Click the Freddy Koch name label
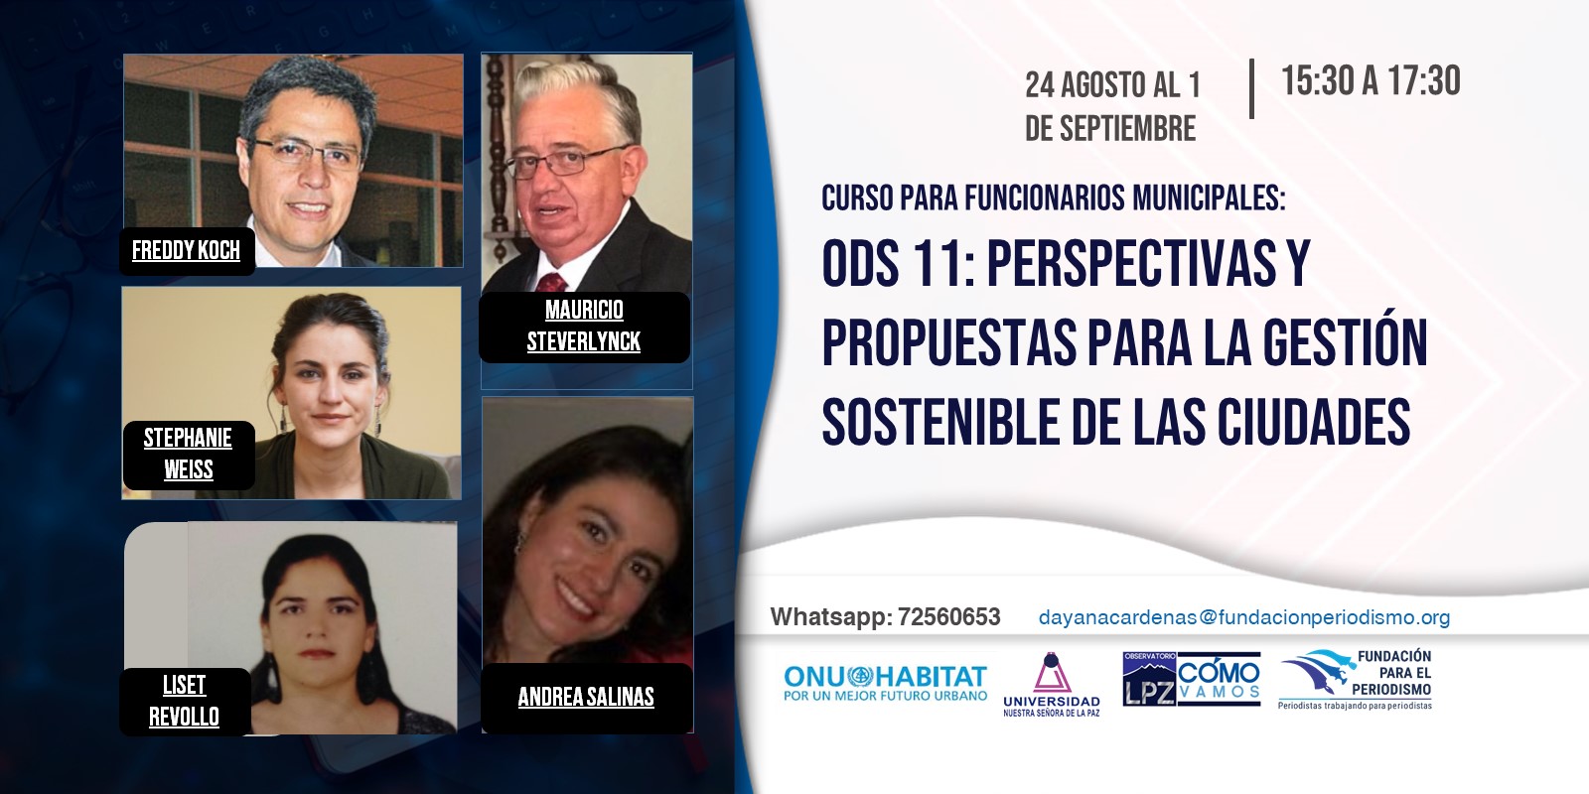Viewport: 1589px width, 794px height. point(187,250)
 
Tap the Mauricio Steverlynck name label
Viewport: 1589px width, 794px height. point(584,327)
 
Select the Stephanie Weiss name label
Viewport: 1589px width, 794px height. point(188,454)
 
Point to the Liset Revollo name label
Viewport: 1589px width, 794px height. point(185,701)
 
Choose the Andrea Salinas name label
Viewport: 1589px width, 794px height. point(586,697)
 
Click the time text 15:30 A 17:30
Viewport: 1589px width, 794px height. point(1371,80)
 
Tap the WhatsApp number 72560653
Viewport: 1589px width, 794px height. point(949,616)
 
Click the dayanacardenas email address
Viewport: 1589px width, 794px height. point(1244,617)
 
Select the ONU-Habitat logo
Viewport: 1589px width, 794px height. point(885,682)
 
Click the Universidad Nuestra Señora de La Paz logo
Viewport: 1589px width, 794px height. point(1052,685)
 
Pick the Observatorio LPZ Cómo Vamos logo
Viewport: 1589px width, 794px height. point(1192,679)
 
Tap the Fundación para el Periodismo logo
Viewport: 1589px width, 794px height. point(1357,679)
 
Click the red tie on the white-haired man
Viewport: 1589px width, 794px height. point(551,282)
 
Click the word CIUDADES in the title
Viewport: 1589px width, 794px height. point(1314,422)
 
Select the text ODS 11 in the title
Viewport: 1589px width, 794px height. point(899,263)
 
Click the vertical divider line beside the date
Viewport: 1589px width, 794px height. point(1252,88)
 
